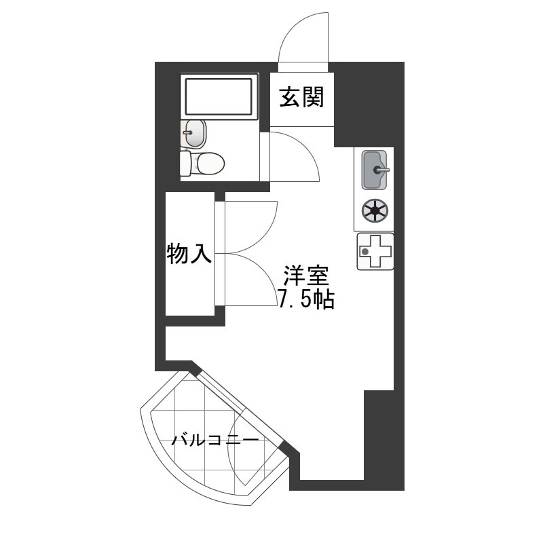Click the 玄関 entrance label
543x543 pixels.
(x=301, y=97)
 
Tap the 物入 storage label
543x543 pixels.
(x=189, y=253)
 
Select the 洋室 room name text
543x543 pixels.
(x=306, y=276)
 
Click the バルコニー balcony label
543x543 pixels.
(x=215, y=441)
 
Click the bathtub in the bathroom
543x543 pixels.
(x=219, y=96)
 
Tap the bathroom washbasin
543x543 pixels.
(x=193, y=133)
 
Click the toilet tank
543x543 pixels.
(x=185, y=164)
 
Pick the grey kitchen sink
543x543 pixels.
(x=374, y=170)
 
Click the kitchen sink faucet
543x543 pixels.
(x=381, y=170)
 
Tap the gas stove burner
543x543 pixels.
(x=375, y=211)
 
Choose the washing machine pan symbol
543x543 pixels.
(x=375, y=251)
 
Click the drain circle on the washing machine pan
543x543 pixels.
(x=364, y=252)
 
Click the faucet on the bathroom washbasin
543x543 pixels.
(x=187, y=132)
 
